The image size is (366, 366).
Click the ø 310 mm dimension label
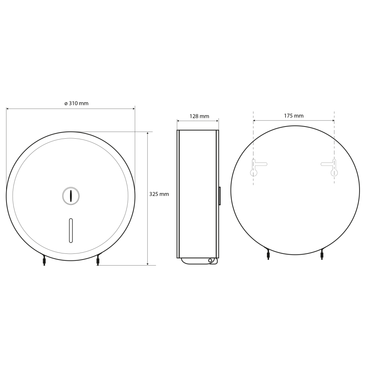(76, 103)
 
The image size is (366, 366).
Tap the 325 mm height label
(159, 194)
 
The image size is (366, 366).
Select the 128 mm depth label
(199, 116)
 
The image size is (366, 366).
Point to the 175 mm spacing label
(294, 116)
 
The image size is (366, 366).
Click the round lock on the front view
(71, 196)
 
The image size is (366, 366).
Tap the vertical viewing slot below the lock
(71, 231)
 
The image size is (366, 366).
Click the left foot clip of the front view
(44, 260)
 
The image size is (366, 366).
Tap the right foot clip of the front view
(98, 260)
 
